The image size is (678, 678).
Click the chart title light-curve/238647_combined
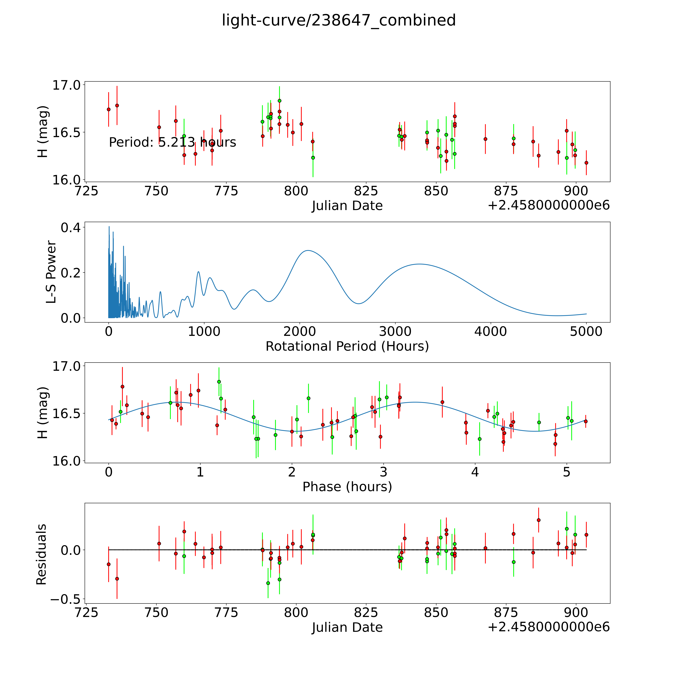[339, 20]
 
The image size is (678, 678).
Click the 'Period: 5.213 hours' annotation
[172, 142]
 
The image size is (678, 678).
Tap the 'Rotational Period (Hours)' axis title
[347, 346]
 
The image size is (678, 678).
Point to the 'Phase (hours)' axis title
[347, 487]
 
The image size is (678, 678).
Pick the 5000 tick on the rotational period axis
[586, 332]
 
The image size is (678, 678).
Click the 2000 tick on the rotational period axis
[300, 332]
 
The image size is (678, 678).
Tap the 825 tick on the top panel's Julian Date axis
[366, 191]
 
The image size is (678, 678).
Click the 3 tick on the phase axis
[384, 472]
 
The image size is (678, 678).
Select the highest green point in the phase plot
[219, 381]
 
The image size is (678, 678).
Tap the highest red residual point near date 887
[539, 520]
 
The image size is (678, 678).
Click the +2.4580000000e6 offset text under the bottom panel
[549, 627]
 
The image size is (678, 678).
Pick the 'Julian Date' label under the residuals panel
[347, 627]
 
